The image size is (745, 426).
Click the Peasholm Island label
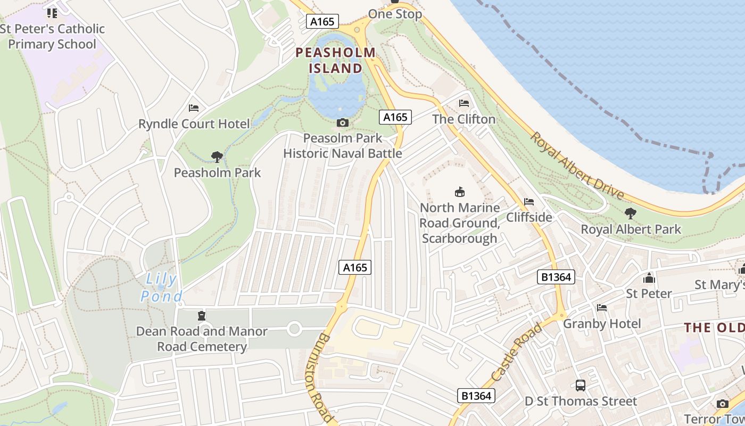click(336, 60)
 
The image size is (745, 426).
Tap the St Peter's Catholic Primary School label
click(52, 36)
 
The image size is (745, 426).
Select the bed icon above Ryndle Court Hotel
click(194, 108)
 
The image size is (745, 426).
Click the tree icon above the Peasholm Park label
click(217, 157)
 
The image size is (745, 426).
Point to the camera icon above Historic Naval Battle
click(343, 123)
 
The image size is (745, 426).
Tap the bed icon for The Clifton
click(464, 103)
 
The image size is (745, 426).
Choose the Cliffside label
click(529, 217)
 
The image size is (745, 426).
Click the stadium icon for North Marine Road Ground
click(460, 192)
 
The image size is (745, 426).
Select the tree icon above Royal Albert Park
click(631, 214)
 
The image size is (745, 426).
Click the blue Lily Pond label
click(162, 288)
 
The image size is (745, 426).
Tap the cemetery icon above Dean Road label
click(201, 316)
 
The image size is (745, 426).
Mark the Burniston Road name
click(319, 378)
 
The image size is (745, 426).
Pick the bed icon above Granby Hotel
click(602, 308)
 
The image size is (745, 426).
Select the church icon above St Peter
click(649, 278)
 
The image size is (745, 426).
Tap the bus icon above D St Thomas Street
click(580, 385)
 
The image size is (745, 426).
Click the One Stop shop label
click(395, 14)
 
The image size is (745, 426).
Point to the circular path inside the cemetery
click(294, 329)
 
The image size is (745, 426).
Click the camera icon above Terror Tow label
click(722, 404)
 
